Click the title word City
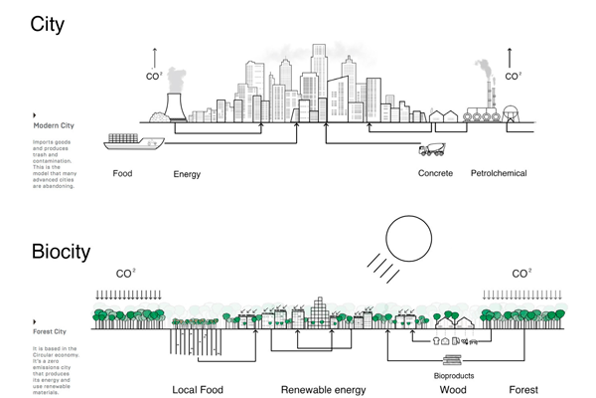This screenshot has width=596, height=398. click(48, 23)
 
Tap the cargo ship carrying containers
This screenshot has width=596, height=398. click(135, 141)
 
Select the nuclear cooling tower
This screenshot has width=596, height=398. click(177, 106)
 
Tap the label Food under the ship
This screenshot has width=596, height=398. click(122, 173)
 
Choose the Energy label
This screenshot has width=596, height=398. click(187, 174)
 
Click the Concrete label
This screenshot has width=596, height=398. click(435, 173)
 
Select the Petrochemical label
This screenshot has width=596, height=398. click(499, 173)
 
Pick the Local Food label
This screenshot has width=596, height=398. click(198, 390)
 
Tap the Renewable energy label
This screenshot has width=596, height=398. click(323, 390)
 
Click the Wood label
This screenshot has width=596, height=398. click(453, 390)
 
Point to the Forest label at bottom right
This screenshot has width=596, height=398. click(523, 390)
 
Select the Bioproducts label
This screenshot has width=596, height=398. click(454, 376)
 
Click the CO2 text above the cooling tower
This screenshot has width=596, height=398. click(154, 76)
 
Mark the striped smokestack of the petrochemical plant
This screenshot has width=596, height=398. click(488, 94)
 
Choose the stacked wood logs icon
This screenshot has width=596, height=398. click(453, 361)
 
